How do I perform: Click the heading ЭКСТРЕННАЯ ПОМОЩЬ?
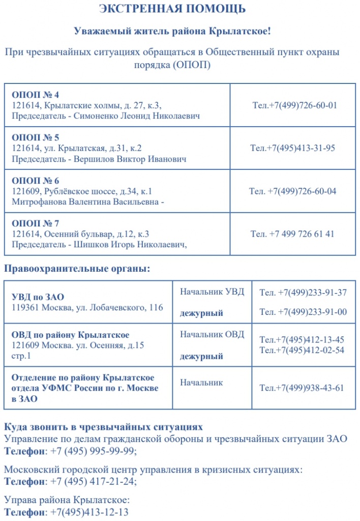point(172,9)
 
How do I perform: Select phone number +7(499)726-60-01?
point(303,105)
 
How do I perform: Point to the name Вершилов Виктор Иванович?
point(130,159)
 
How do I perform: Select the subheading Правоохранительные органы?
point(77,268)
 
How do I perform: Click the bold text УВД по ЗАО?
point(38,297)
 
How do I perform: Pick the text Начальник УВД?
point(212,292)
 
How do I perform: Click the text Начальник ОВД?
point(212,334)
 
